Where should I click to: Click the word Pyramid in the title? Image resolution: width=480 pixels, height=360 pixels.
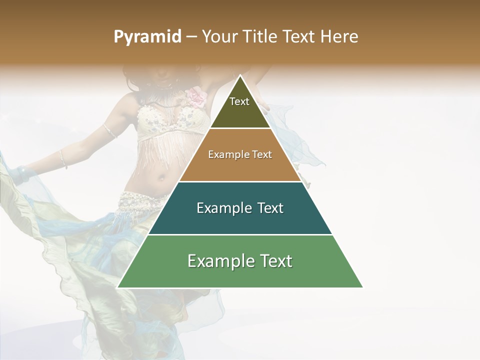click(147, 37)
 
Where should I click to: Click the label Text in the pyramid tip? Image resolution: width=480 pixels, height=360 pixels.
click(239, 101)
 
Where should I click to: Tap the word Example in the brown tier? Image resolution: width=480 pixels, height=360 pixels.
click(225, 154)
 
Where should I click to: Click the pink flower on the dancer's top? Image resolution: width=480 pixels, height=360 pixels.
click(196, 96)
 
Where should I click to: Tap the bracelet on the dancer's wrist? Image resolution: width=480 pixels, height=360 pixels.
click(63, 159)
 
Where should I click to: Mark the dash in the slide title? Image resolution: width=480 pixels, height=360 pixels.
click(191, 36)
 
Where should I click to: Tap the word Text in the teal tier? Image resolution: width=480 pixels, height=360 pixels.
click(267, 208)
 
